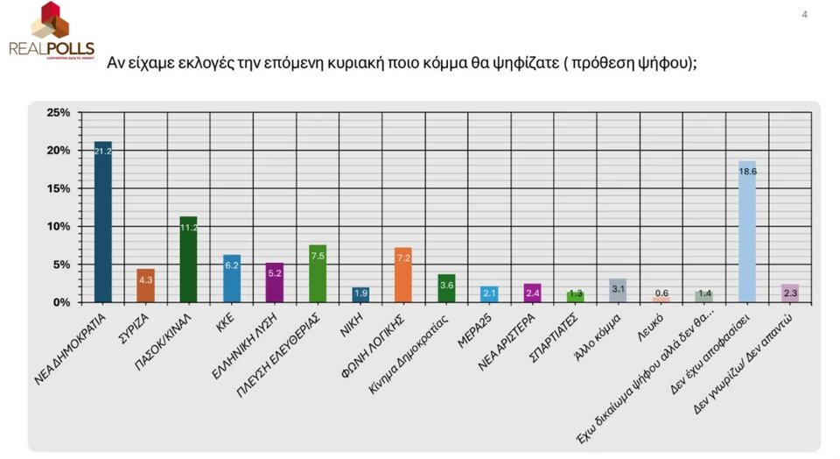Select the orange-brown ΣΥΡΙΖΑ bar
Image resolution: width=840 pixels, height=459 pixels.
145,286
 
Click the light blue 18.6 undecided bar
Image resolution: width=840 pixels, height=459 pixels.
746,231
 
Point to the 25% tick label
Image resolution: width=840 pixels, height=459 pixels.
58,113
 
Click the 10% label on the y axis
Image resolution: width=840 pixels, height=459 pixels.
58,227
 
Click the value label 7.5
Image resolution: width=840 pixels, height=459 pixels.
318,255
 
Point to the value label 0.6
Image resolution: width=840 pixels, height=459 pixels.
661,293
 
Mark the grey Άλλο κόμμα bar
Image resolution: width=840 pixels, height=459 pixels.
618,290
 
